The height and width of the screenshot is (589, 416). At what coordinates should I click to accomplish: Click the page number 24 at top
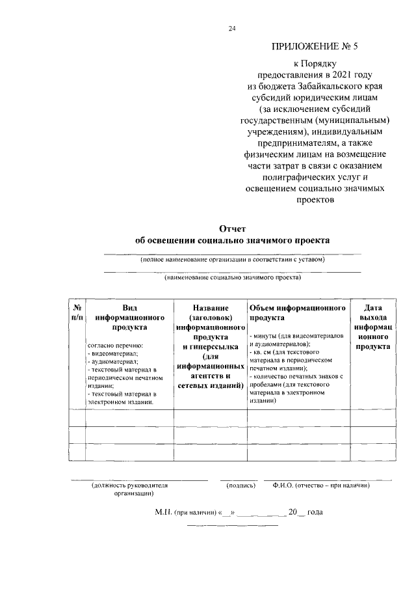pyautogui.click(x=232, y=28)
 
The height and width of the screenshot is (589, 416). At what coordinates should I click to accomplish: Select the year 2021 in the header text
pyautogui.click(x=352, y=74)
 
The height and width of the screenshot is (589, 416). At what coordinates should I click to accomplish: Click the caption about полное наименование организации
pyautogui.click(x=232, y=260)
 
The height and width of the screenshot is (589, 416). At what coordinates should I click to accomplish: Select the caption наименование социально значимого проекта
pyautogui.click(x=232, y=277)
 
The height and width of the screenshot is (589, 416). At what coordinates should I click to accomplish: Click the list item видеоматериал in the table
pyautogui.click(x=112, y=353)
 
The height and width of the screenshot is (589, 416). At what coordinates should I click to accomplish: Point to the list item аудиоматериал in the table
pyautogui.click(x=112, y=361)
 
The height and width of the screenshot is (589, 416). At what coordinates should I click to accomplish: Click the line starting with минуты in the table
pyautogui.click(x=296, y=335)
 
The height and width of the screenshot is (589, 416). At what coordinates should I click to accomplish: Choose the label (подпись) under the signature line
pyautogui.click(x=240, y=486)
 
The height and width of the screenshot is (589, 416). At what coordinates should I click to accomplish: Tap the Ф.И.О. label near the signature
pyautogui.click(x=283, y=486)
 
